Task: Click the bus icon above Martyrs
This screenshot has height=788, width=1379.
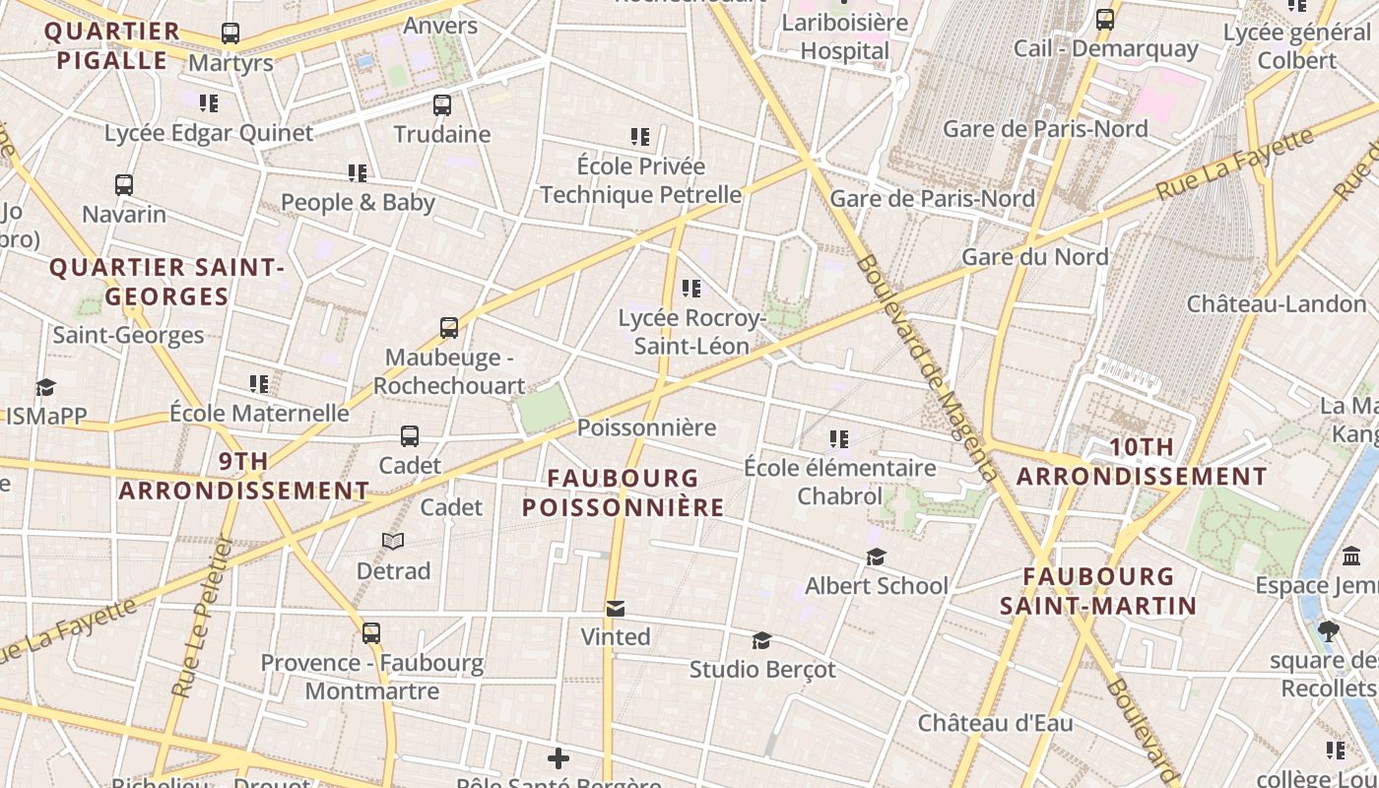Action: tap(230, 33)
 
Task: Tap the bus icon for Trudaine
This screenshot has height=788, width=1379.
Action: tap(442, 104)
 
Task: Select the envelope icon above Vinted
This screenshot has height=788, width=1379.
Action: tap(616, 608)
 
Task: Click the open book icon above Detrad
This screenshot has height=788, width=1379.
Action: tap(393, 541)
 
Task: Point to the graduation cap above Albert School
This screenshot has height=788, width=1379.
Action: tap(876, 558)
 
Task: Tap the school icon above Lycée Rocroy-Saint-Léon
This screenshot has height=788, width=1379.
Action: tap(691, 289)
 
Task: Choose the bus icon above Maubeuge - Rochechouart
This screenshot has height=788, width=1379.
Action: tap(449, 328)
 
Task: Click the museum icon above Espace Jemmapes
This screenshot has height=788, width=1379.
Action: tap(1351, 558)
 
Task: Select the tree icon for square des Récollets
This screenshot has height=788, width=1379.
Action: tap(1329, 631)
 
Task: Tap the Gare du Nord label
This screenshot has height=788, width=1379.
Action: tap(1034, 257)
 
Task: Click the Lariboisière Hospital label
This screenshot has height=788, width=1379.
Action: tap(844, 36)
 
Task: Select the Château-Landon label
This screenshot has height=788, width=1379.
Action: tap(1276, 303)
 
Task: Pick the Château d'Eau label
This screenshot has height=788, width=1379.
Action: tap(995, 722)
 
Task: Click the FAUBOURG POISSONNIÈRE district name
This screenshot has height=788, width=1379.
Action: tap(624, 492)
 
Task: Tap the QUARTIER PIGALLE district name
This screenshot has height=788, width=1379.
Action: tap(112, 45)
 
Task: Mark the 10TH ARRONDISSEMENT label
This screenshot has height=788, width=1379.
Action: tap(1142, 461)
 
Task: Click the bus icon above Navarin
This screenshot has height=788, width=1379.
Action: tap(124, 185)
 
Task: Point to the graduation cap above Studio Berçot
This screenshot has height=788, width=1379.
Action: tap(761, 641)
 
